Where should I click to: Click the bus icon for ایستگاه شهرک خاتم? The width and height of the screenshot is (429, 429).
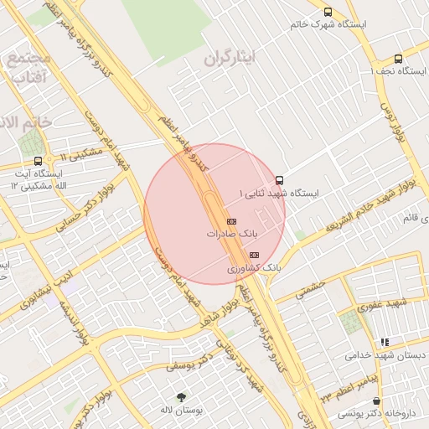(x=328, y=12)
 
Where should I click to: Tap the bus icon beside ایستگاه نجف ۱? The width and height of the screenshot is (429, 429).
(x=397, y=59)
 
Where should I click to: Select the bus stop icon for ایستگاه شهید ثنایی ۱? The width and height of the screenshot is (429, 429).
(x=279, y=180)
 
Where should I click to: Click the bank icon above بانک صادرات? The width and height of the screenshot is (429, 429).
(x=232, y=221)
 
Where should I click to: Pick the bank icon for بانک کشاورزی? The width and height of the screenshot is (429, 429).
(x=255, y=255)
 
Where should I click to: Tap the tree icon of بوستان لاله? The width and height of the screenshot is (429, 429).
(x=181, y=396)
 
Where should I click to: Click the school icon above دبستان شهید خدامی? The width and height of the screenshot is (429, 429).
(x=385, y=342)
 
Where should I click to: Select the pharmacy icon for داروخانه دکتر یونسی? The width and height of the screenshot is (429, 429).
(x=376, y=401)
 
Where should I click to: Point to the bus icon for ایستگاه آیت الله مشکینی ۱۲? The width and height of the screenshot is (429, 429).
(x=38, y=161)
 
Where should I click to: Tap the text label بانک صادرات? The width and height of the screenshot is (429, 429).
(x=230, y=235)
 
